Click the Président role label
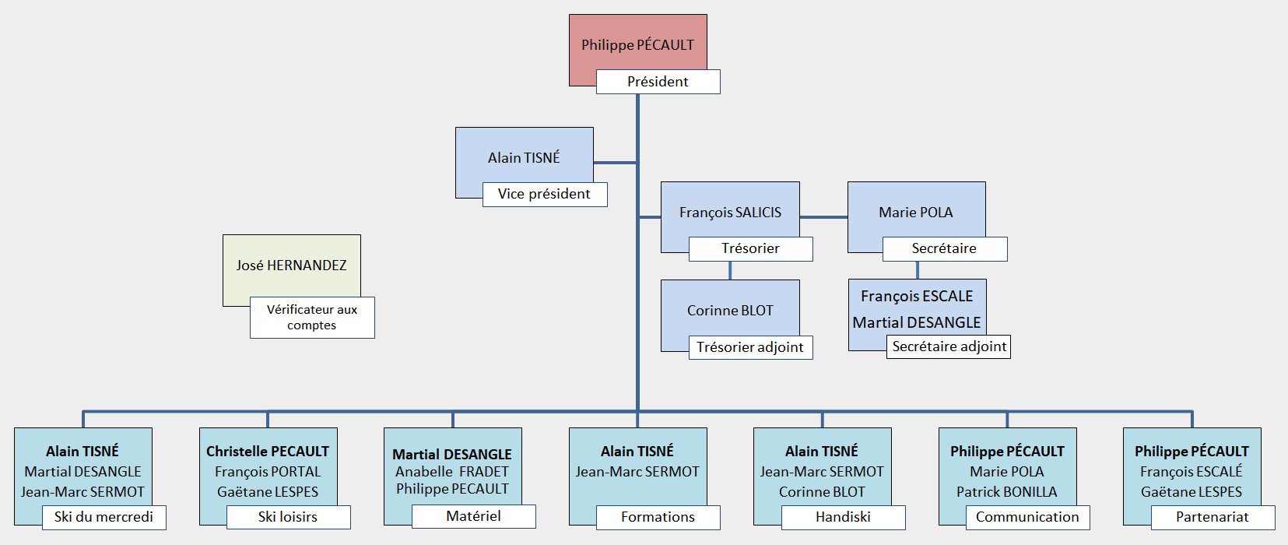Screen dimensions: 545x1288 pyautogui.click(x=658, y=82)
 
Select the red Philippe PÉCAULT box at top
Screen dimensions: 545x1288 pyautogui.click(x=637, y=44)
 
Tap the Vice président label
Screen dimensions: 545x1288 pyautogui.click(x=544, y=194)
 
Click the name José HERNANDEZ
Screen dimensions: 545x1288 pyautogui.click(x=291, y=265)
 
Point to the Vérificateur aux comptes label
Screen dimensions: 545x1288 pyautogui.click(x=311, y=317)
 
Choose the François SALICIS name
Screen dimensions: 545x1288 pyautogui.click(x=730, y=212)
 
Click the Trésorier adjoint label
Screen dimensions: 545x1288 pyautogui.click(x=749, y=347)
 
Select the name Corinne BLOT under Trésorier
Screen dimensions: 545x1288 pyautogui.click(x=730, y=310)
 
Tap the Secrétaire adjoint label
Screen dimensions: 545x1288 pyautogui.click(x=949, y=346)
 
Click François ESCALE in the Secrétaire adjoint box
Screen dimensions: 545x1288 pyautogui.click(x=917, y=296)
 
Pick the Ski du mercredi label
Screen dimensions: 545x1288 pyautogui.click(x=104, y=517)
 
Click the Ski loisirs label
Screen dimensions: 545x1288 pyautogui.click(x=288, y=517)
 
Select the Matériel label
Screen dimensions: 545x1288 pyautogui.click(x=473, y=516)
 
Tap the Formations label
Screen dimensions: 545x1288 pyautogui.click(x=658, y=517)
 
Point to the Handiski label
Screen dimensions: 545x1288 pyautogui.click(x=843, y=517)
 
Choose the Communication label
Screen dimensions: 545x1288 pyautogui.click(x=1027, y=517)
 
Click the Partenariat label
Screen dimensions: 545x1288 pyautogui.click(x=1213, y=517)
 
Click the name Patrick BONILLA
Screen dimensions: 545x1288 pyautogui.click(x=1007, y=492)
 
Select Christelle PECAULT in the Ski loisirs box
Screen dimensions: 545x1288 pyautogui.click(x=268, y=452)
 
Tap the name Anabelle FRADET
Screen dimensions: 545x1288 pyautogui.click(x=452, y=472)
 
